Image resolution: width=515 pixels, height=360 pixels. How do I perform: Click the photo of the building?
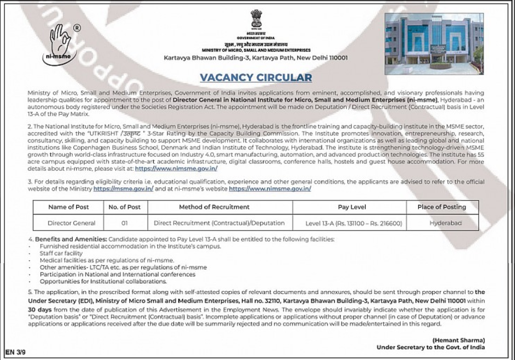pyautogui.click(x=434, y=43)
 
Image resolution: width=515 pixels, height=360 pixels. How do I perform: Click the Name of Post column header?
pyautogui.click(x=68, y=207)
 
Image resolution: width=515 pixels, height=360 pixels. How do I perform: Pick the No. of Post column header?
pyautogui.click(x=124, y=207)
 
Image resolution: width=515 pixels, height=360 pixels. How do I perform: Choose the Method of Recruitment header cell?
pyautogui.click(x=214, y=207)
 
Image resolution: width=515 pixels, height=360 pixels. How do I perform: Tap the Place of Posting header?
pyautogui.click(x=442, y=207)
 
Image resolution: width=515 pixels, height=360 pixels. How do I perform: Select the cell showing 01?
pyautogui.click(x=124, y=223)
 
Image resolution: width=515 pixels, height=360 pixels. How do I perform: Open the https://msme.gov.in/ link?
pyautogui.click(x=123, y=189)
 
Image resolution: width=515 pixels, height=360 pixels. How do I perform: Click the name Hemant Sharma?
pyautogui.click(x=459, y=340)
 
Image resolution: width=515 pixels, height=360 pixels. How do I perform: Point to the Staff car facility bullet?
pyautogui.click(x=61, y=253)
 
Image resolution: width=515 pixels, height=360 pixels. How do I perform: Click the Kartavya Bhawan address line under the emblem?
pyautogui.click(x=255, y=57)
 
